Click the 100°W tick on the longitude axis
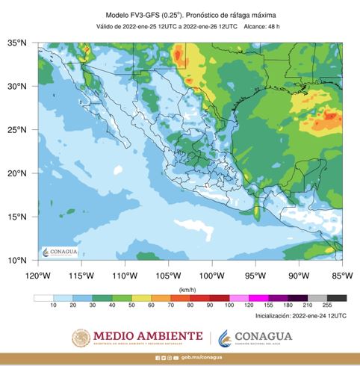[x=213, y=274]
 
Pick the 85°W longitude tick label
[x=342, y=274]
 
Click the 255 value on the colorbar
[x=326, y=306]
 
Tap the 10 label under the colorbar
[x=54, y=306]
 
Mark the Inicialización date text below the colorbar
[x=297, y=316]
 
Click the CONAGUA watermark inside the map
[x=59, y=252]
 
